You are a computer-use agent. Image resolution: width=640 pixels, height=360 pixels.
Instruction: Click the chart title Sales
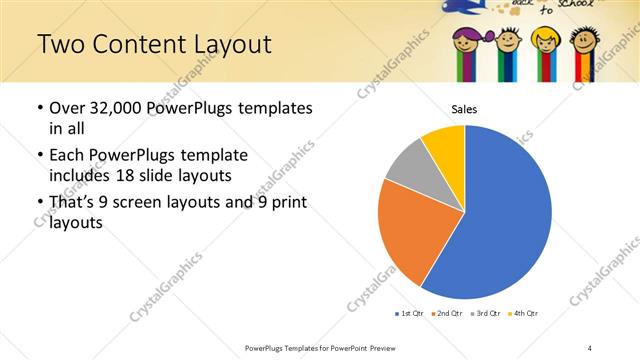pyautogui.click(x=464, y=109)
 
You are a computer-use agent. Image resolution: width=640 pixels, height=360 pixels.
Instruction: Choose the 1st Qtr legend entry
pyautogui.click(x=409, y=314)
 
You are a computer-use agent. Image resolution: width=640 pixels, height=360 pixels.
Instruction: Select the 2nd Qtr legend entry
pyautogui.click(x=446, y=314)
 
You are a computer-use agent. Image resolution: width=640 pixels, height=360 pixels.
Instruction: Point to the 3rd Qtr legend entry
pyautogui.click(x=484, y=314)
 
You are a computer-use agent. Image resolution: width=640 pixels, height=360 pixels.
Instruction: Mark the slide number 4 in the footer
pyautogui.click(x=590, y=347)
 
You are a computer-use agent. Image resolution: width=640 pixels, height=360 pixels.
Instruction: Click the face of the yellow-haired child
pyautogui.click(x=545, y=42)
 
